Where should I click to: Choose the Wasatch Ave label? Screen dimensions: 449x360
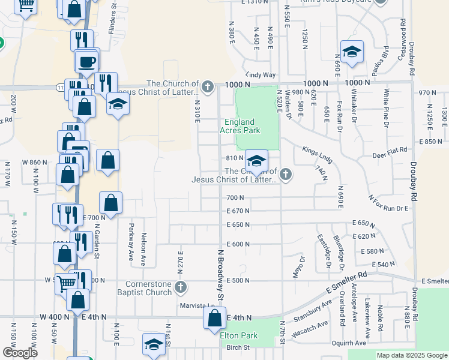pyautogui.click(x=309, y=328)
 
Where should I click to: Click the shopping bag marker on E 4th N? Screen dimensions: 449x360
pyautogui.click(x=214, y=319)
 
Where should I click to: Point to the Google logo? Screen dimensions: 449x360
pyautogui.click(x=20, y=353)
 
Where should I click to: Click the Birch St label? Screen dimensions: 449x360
pyautogui.click(x=238, y=347)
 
